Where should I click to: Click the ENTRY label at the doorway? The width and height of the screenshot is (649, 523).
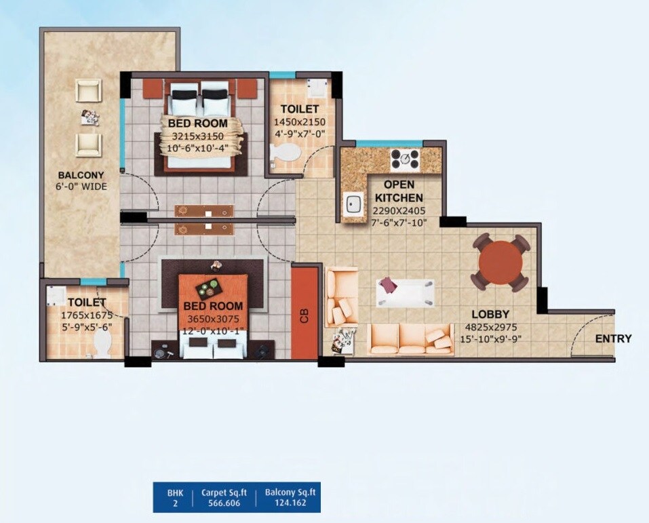613,338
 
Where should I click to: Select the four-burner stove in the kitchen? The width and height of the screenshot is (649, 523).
404,159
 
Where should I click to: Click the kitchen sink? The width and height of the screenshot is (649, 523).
353,204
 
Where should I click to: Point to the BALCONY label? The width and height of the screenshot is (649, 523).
81,174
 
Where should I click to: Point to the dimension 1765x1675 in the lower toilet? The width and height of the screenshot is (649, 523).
85,315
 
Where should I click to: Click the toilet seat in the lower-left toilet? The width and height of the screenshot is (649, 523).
102,343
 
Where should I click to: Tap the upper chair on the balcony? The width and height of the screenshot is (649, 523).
88,91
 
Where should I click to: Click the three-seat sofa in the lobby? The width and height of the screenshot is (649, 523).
411,338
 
